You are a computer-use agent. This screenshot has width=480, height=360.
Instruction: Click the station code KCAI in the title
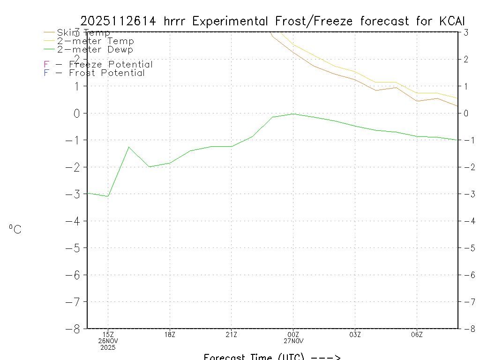pyautogui.click(x=453, y=21)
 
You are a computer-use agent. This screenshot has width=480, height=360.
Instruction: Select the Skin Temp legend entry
pyautogui.click(x=83, y=33)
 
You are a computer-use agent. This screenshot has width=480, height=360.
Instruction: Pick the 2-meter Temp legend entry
pyautogui.click(x=95, y=41)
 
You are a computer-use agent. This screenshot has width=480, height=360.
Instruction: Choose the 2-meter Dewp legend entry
pyautogui.click(x=95, y=50)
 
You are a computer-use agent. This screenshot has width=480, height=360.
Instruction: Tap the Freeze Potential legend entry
pyautogui.click(x=98, y=65)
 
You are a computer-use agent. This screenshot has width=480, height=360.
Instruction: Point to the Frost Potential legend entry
pyautogui.click(x=95, y=73)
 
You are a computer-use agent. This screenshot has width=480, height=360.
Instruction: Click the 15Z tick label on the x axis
pyautogui.click(x=108, y=334)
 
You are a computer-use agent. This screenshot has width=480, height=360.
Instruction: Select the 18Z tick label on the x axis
pyautogui.click(x=170, y=334)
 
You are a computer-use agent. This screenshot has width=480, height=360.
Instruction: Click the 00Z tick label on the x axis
pyautogui.click(x=293, y=334)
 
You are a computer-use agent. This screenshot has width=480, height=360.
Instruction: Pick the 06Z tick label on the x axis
pyautogui.click(x=417, y=334)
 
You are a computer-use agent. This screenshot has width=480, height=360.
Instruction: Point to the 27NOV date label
pyautogui.click(x=293, y=341)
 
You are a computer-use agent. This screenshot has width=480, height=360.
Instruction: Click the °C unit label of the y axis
pyautogui.click(x=15, y=230)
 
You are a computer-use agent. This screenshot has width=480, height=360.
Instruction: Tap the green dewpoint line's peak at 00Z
pyautogui.click(x=293, y=114)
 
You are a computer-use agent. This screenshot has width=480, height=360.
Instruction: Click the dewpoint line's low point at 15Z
pyautogui.click(x=108, y=196)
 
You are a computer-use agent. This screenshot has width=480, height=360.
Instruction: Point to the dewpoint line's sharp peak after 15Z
pyautogui.click(x=129, y=147)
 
